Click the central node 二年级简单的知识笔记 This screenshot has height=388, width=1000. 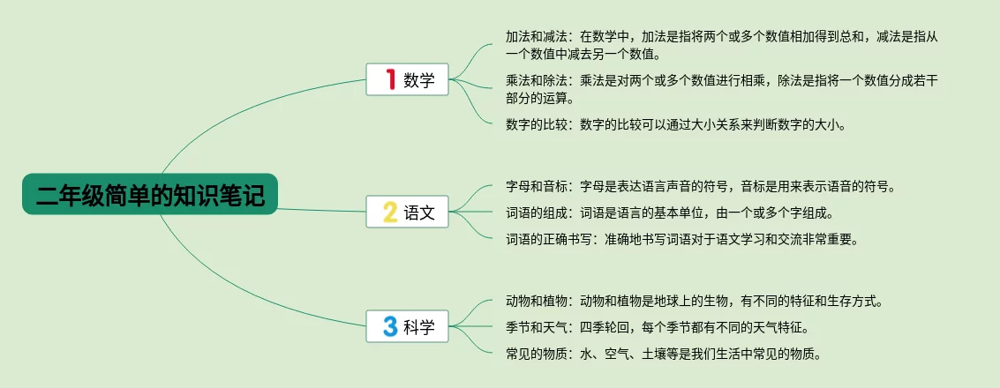[150, 194]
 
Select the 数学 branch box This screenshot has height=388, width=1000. [407, 79]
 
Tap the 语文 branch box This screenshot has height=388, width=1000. [407, 212]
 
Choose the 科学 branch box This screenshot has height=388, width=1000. [407, 326]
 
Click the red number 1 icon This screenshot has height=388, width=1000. [391, 79]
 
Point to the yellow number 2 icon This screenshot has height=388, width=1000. [389, 212]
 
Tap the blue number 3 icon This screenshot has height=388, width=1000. [389, 326]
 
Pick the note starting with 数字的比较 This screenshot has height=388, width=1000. [675, 125]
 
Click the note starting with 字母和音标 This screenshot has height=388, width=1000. [701, 187]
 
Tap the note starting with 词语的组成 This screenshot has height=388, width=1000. [665, 213]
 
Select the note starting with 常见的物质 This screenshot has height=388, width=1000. [663, 354]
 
